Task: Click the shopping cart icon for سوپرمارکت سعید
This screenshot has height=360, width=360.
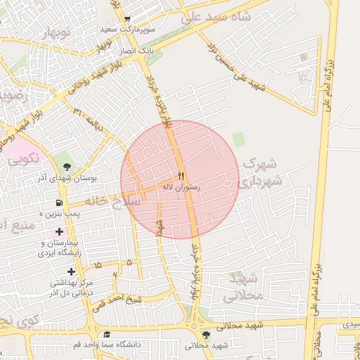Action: point(127,20)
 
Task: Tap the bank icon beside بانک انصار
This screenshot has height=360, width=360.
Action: point(149,40)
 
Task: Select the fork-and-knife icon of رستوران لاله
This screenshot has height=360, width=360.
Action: point(181,176)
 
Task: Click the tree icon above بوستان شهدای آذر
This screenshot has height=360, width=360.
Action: point(66,167)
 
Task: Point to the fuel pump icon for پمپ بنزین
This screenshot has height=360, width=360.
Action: point(58,202)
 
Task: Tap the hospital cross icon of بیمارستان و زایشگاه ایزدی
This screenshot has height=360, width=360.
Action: point(58,231)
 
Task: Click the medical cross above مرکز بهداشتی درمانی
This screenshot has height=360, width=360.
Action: point(70,271)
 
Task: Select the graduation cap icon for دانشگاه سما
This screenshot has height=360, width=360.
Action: point(107,335)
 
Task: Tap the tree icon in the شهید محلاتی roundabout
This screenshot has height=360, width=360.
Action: point(205,335)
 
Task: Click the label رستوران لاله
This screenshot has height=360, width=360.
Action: point(181,188)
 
